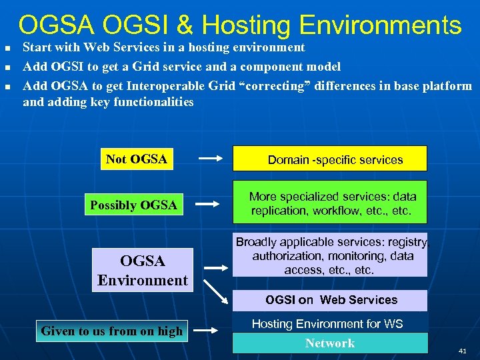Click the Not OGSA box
pyautogui.click(x=136, y=159)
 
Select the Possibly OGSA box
pyautogui.click(x=133, y=205)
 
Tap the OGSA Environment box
pyautogui.click(x=143, y=270)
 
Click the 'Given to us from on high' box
pyautogui.click(x=111, y=331)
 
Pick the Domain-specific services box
pyautogui.click(x=329, y=159)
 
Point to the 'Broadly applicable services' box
pyautogui.click(x=329, y=255)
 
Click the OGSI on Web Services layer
pyautogui.click(x=329, y=300)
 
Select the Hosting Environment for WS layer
pyautogui.click(x=329, y=323)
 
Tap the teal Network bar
pyautogui.click(x=329, y=343)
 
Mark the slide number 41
pyautogui.click(x=462, y=351)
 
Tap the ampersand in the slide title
pyautogui.click(x=185, y=25)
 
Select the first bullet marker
pyautogui.click(x=7, y=48)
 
